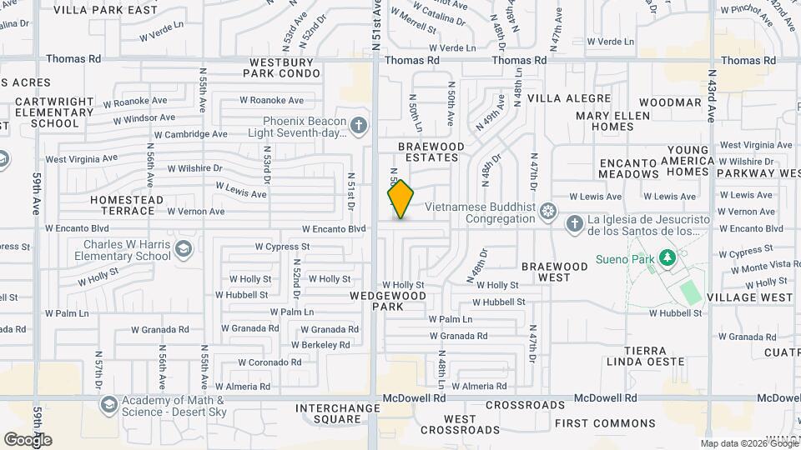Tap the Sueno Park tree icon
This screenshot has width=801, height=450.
[667, 258]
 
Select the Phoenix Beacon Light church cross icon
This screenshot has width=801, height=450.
[359, 126]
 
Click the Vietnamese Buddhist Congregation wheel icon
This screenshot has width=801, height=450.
[547, 208]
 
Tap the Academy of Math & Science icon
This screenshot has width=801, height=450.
[108, 405]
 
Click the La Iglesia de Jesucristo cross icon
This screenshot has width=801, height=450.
[574, 223]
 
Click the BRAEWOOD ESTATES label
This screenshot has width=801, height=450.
[430, 151]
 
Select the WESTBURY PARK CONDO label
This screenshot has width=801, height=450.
[281, 67]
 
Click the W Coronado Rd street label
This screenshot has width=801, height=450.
[270, 362]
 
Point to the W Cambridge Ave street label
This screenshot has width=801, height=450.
[190, 134]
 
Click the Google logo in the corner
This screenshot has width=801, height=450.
[28, 439]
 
